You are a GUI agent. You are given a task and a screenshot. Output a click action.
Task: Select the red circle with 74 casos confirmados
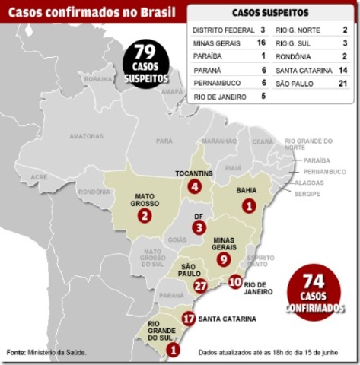point(313,293)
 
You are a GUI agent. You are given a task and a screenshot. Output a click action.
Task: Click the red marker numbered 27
point(200,286)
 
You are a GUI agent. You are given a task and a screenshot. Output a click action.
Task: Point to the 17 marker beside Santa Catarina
point(188,318)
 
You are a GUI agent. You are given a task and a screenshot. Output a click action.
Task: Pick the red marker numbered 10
point(235,281)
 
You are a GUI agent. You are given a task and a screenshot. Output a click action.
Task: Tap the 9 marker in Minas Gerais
point(223,259)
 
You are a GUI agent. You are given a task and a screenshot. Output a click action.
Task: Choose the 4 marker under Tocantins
point(196,186)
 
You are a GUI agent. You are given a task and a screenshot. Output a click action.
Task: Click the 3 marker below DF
point(199,227)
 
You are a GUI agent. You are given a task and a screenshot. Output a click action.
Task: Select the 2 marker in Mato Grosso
point(144,216)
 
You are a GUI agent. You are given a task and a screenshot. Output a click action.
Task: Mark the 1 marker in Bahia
point(247,205)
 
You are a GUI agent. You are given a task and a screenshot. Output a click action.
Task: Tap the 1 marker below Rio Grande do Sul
point(174,350)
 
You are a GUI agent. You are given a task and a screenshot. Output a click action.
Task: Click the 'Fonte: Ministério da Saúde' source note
point(46,352)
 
